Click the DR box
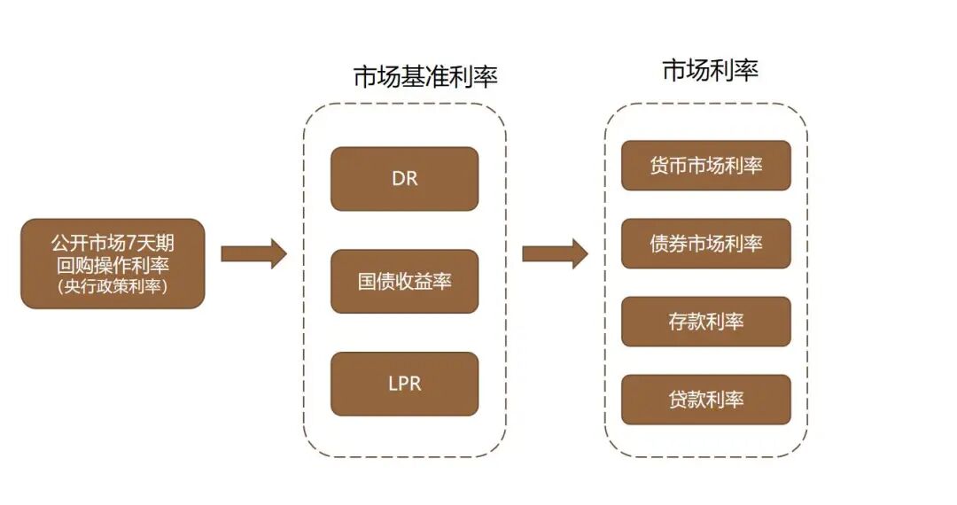(x=404, y=179)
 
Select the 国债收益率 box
(x=404, y=282)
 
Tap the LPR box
(x=404, y=384)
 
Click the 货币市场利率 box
(x=705, y=166)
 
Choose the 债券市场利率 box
(x=705, y=244)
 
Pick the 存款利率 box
(x=705, y=322)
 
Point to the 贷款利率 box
(x=705, y=400)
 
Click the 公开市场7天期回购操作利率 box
(x=113, y=263)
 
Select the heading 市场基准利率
(x=425, y=76)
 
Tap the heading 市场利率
(x=710, y=70)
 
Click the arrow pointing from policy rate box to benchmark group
(x=253, y=254)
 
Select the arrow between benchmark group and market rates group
(x=555, y=254)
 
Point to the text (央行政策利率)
(x=112, y=286)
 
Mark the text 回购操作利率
(x=112, y=264)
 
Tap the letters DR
(x=404, y=179)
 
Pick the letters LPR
(x=404, y=385)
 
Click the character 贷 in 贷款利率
(x=678, y=400)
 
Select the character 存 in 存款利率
(x=678, y=322)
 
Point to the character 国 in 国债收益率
(x=367, y=282)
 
